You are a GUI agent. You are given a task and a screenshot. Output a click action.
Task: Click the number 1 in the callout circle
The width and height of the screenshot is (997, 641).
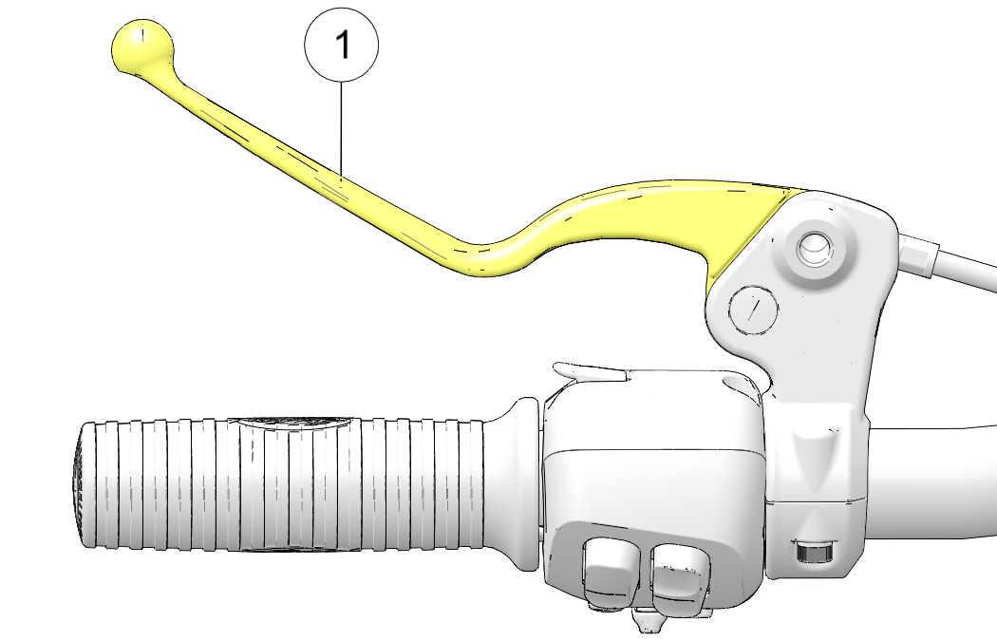coord(343,46)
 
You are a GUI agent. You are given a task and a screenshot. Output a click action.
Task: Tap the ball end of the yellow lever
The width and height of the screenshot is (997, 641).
coord(141,47)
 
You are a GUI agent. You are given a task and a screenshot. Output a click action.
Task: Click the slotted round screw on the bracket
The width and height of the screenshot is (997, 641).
coord(754,310)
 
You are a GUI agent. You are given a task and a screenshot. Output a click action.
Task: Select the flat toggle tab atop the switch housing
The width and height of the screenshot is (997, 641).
coord(591,371)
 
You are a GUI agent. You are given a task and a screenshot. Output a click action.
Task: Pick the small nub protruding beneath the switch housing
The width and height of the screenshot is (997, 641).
coord(646,620)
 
